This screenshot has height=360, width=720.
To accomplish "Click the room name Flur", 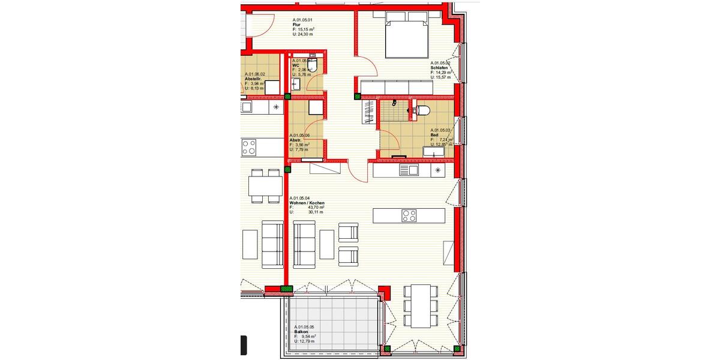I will [x=296, y=25].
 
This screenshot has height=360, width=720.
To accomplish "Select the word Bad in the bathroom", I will [x=434, y=136].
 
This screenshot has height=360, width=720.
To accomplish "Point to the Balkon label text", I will [x=301, y=331].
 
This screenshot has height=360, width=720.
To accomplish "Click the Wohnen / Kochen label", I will [x=307, y=203].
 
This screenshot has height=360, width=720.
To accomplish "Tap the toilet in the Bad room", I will [x=422, y=110].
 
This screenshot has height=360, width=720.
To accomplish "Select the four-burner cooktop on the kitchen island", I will [x=409, y=215].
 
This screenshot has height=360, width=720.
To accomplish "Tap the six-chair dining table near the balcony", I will [x=421, y=305].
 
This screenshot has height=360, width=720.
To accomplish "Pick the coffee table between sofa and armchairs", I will [x=326, y=245].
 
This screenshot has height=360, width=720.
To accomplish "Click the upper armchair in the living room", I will [x=349, y=232].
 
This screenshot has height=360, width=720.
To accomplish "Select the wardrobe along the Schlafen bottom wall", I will [x=397, y=88].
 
